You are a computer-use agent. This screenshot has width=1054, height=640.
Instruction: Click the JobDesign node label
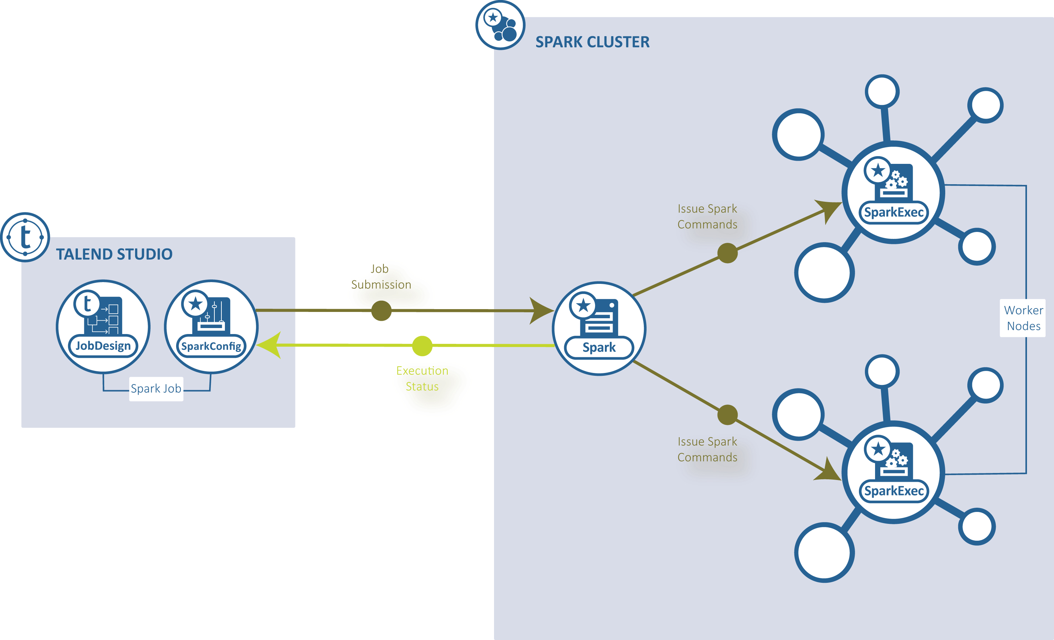pos(103,346)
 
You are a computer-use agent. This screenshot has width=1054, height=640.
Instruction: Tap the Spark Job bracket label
pos(156,388)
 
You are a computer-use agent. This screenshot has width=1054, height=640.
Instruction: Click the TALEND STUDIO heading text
pos(114,254)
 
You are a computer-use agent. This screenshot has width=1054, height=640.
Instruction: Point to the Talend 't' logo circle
pos(25,237)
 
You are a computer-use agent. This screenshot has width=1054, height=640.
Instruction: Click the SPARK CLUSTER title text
pos(593,42)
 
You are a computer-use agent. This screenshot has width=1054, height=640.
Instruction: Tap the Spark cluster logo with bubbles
pos(500,25)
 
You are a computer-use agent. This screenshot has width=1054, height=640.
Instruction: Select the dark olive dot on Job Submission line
pos(381,311)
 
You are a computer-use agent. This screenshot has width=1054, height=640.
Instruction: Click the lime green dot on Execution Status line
pos(422,346)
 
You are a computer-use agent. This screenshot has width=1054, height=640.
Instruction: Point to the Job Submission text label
pos(381,276)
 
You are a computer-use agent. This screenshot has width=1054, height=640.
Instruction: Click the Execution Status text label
pos(422,378)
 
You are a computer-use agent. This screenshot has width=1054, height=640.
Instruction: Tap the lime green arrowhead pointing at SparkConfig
pos(269,345)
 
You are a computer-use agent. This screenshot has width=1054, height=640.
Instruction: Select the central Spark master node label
pos(599,347)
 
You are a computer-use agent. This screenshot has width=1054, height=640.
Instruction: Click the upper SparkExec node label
pos(894,212)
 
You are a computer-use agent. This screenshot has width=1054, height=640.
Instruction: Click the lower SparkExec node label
pos(894,491)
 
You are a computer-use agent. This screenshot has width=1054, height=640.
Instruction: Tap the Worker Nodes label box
pos(1023,318)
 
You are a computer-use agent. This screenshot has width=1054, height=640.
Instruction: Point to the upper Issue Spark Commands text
pos(707,216)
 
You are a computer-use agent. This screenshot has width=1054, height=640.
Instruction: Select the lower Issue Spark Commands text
pos(707,449)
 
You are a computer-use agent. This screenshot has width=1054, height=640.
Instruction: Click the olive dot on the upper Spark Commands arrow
pos(727,253)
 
